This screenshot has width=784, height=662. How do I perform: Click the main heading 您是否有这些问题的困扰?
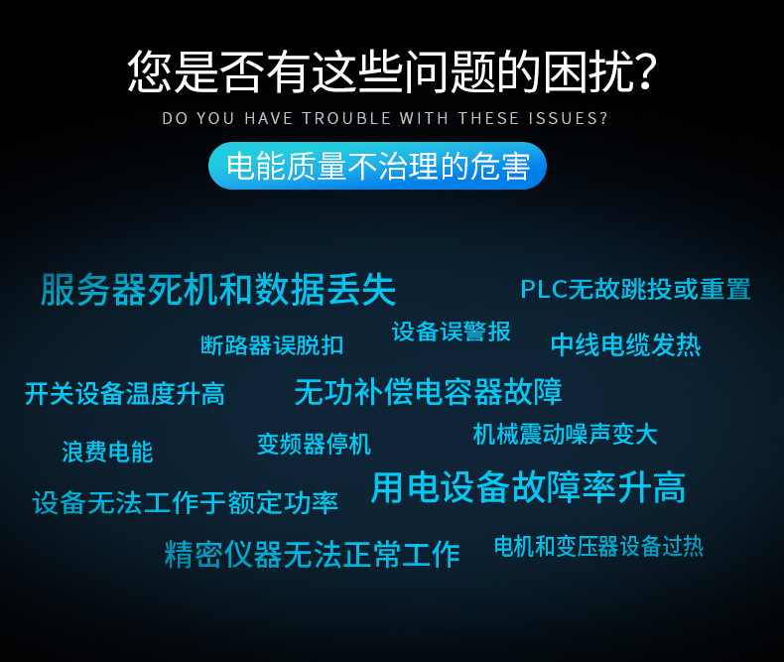[392, 72]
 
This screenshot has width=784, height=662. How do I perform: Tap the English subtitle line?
[384, 118]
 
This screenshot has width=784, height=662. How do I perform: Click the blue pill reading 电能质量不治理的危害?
[377, 166]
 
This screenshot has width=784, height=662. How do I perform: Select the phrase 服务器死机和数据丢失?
[218, 290]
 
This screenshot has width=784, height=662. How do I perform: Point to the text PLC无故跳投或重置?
[635, 290]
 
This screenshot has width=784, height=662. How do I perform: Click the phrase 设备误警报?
[451, 331]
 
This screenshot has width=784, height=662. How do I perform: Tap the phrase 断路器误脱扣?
[272, 345]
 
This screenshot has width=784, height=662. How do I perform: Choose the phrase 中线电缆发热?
[625, 345]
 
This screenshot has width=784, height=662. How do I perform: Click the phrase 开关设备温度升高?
[125, 393]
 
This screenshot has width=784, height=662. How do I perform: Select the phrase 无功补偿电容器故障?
[429, 392]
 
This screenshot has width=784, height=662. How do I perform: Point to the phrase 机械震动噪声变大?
[565, 434]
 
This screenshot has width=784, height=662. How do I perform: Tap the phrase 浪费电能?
[107, 452]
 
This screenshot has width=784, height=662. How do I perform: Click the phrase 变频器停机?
[314, 444]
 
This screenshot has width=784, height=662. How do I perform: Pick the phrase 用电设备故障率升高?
[529, 487]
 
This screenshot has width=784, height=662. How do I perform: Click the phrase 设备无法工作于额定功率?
[186, 503]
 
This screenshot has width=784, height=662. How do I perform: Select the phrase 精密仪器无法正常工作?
[313, 555]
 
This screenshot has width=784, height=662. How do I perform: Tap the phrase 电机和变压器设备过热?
[599, 546]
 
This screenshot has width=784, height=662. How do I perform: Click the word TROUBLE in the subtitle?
[346, 118]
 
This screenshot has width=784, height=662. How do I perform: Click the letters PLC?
[544, 290]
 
